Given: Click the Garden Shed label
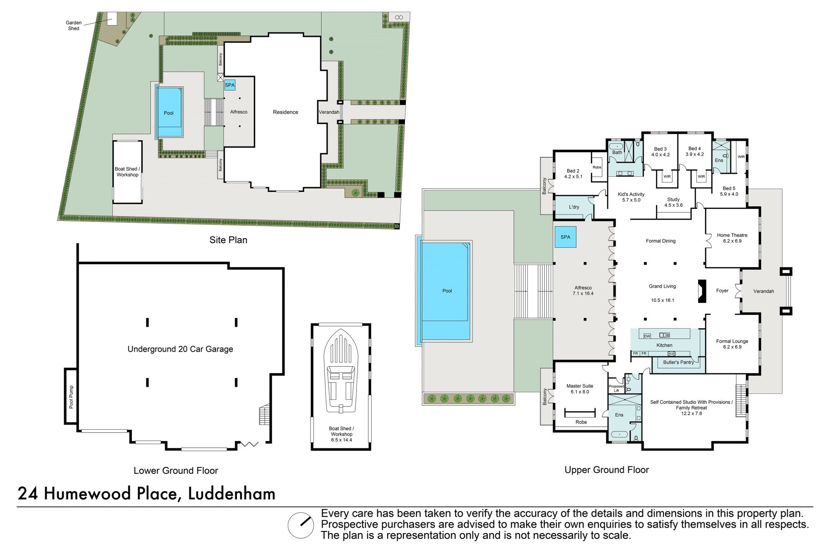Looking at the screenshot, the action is [x=73, y=26].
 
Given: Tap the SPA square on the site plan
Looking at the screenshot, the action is [x=230, y=85].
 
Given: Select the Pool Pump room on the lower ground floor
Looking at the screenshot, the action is [x=71, y=396].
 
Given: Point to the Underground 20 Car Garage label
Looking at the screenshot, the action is [x=180, y=349].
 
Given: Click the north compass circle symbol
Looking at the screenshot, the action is [x=301, y=525].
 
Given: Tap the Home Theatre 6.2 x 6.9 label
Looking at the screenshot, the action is [x=732, y=238].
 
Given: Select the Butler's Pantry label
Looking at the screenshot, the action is [x=678, y=362].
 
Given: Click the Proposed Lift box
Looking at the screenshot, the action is [x=616, y=388].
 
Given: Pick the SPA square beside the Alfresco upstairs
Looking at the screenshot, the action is [x=565, y=237].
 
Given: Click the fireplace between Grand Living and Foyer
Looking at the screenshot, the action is [x=702, y=291].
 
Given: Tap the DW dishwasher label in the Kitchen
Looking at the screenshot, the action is [x=647, y=336].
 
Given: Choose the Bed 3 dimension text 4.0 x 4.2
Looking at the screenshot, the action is [x=661, y=154].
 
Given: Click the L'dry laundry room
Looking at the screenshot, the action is [x=574, y=207].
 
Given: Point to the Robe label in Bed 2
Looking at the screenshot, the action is [x=597, y=167].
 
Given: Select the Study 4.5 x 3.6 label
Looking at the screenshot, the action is [x=674, y=202].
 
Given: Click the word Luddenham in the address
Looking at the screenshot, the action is [x=232, y=493].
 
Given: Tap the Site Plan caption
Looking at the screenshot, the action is [x=228, y=240].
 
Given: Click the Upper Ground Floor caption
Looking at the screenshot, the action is [x=607, y=470].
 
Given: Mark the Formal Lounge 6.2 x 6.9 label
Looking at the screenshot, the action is [x=732, y=344].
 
